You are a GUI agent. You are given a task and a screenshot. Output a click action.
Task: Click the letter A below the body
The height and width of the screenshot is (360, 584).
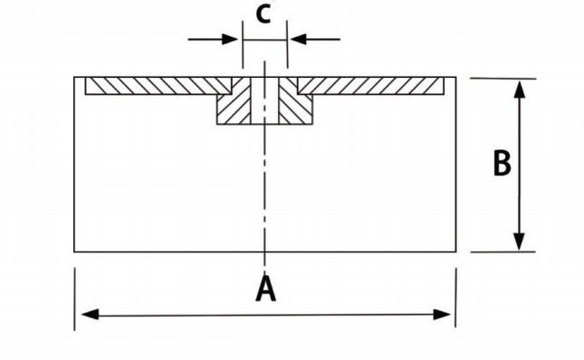coord(265,289)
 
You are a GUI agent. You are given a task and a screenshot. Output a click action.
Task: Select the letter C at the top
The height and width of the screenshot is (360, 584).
coord(263,14)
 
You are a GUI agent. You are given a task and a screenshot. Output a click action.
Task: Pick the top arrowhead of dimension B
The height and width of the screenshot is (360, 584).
coord(519,89)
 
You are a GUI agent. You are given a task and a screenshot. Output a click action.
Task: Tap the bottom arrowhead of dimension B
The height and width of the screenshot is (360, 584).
coord(519,242)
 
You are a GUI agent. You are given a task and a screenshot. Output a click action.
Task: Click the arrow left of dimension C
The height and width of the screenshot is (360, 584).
coord(231,39)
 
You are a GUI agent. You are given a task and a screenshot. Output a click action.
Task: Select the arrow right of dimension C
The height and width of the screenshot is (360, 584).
coord(298,39)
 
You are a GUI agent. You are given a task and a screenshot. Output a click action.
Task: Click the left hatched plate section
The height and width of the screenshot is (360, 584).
coord(154,86)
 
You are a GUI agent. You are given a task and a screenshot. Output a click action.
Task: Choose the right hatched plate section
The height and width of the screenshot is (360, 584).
coord(371,86)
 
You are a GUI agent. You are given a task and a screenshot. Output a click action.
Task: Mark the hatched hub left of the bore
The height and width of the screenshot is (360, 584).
coord(233,107)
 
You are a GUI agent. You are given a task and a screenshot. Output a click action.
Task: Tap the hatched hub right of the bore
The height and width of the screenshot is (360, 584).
coord(294,107)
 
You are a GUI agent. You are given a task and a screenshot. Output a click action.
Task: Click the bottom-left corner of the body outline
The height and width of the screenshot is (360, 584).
coord(74,251)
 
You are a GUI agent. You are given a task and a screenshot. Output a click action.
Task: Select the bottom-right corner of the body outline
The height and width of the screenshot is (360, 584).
coord(456,251)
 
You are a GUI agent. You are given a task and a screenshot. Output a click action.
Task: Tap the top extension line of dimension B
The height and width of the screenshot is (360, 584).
coord(498,78)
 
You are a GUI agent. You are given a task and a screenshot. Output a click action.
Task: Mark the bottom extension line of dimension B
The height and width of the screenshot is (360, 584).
coord(498,252)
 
